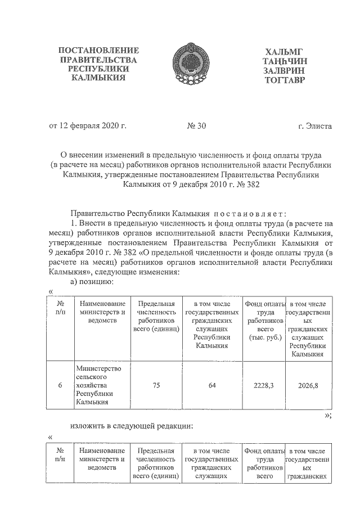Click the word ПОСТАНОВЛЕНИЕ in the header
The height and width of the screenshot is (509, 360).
(x=98, y=51)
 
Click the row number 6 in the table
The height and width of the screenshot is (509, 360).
(x=60, y=386)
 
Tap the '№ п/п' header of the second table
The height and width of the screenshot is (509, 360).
(x=60, y=455)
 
